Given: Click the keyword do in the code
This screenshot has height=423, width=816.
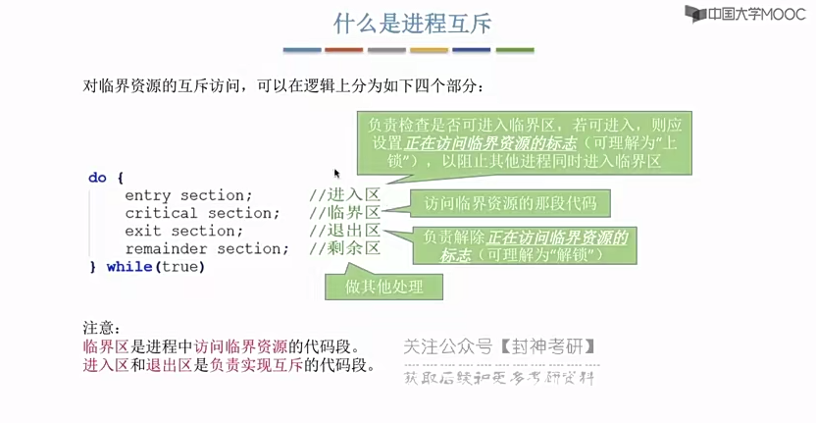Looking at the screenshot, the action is [x=97, y=178].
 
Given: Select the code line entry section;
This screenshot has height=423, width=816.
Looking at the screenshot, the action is [x=188, y=195].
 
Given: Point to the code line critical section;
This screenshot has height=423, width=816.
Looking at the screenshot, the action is [x=202, y=213].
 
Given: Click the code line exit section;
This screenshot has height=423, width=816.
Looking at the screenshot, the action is [x=183, y=231].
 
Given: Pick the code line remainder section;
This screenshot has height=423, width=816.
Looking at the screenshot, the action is [x=206, y=248].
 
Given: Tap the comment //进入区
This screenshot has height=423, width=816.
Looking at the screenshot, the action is [x=344, y=195].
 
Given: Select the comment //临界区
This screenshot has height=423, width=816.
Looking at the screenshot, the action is [x=344, y=213].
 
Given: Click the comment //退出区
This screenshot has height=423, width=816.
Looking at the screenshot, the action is [x=344, y=231].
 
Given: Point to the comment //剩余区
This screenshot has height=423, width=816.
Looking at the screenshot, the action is [x=344, y=248].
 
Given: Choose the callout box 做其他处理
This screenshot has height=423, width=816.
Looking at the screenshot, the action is [x=383, y=286].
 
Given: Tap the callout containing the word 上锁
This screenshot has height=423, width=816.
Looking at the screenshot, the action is [x=525, y=141].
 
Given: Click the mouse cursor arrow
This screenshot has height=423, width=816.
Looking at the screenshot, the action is [x=336, y=174].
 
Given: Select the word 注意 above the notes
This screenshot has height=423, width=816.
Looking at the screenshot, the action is [x=101, y=328].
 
